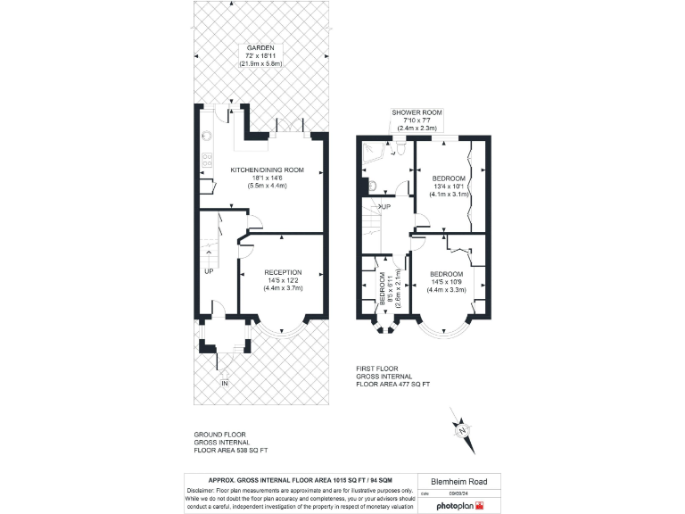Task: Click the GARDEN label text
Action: coord(260,48)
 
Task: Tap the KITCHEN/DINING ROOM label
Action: coord(267,170)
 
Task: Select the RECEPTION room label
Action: coord(283,272)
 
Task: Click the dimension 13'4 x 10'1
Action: coord(447,187)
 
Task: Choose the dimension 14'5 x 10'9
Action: coord(445,282)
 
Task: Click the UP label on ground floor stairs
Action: coord(208,270)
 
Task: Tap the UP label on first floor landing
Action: coord(385,206)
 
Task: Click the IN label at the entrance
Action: coord(225,384)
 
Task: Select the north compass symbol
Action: coord(463,431)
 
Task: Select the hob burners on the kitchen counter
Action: coord(207,161)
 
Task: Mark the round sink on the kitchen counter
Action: coord(206,137)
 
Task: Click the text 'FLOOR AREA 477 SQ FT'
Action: coord(393,384)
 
